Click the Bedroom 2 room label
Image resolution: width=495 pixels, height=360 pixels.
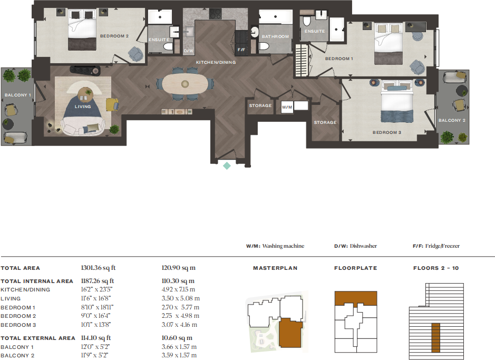(x=114, y=36)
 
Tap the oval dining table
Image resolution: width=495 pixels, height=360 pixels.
(x=185, y=84)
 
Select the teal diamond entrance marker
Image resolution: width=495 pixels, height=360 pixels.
(x=227, y=166)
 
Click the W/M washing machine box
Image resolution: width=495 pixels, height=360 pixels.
(x=287, y=108)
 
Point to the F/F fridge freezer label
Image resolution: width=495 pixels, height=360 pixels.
(x=241, y=50)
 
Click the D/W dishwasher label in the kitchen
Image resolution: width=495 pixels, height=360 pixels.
(x=189, y=51)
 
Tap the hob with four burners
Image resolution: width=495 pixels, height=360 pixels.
(x=215, y=14)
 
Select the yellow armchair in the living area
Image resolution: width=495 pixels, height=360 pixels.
(x=112, y=104)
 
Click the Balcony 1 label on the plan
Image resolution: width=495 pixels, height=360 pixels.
(x=18, y=95)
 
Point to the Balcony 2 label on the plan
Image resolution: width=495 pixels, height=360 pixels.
(x=452, y=120)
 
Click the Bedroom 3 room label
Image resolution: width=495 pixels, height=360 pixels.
(x=387, y=132)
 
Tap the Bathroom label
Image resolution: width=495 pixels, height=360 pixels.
(x=275, y=36)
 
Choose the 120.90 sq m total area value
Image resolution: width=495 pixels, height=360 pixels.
(x=178, y=268)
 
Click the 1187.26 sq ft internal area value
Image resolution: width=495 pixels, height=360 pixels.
(x=98, y=281)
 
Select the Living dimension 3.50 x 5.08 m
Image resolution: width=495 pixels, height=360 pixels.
(x=181, y=298)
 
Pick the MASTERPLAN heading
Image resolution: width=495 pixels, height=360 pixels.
(x=275, y=268)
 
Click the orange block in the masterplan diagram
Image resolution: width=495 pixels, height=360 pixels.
(x=290, y=333)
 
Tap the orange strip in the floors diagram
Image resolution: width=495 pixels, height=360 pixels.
(x=435, y=337)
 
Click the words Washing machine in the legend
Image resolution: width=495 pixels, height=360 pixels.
(x=283, y=246)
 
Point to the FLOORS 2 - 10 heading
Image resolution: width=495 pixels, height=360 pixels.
(x=436, y=268)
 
